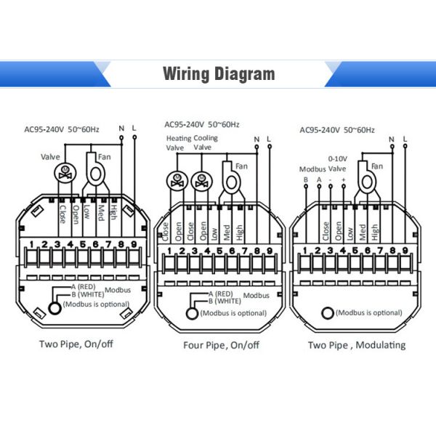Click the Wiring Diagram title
(218, 74)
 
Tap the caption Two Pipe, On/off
(76, 344)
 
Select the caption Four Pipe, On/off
(211, 344)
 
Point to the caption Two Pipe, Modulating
(357, 344)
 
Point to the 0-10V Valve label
(338, 162)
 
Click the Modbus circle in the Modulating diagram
(328, 312)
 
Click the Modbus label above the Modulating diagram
(313, 169)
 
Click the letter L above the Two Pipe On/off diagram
(134, 129)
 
